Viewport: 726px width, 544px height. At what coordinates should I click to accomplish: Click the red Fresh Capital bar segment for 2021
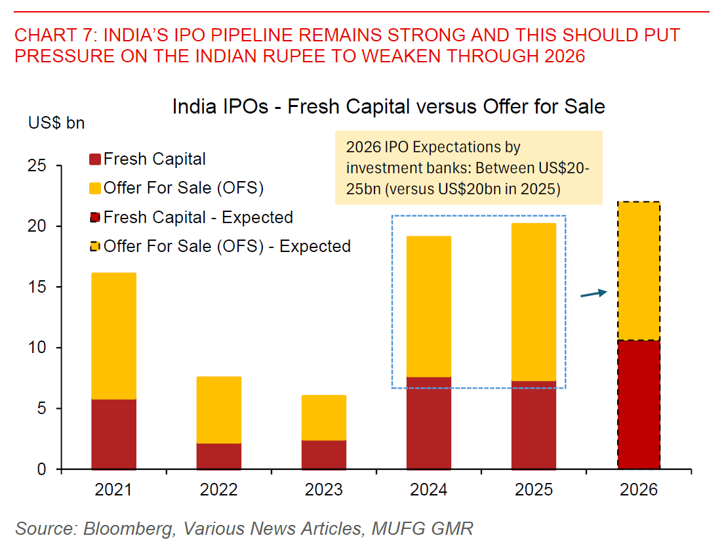click(113, 434)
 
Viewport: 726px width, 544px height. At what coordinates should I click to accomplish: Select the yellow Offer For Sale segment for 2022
click(218, 409)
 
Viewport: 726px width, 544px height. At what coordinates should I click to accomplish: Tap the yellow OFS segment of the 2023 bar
click(324, 417)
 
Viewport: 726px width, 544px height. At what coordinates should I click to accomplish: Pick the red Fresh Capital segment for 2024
click(428, 423)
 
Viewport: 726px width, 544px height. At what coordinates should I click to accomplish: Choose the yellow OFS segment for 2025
click(534, 302)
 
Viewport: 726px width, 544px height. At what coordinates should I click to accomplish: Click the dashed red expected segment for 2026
click(639, 404)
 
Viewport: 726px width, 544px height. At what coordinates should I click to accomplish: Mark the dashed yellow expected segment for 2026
click(639, 271)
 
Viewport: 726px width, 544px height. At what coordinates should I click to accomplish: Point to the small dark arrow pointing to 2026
click(594, 294)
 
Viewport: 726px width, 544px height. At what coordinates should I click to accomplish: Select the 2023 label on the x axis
click(324, 490)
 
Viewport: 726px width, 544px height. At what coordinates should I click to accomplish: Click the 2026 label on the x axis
click(639, 490)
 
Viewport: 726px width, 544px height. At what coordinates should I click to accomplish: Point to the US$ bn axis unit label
click(56, 123)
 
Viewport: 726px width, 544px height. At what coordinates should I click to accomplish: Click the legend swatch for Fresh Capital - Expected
click(94, 218)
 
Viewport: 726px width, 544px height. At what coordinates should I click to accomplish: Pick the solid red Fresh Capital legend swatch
click(94, 159)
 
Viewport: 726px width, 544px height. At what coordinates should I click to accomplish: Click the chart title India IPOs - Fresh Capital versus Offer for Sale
click(388, 106)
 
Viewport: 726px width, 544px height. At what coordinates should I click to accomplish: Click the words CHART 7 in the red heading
click(52, 35)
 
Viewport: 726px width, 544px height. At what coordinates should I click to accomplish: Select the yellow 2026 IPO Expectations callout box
click(468, 167)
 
